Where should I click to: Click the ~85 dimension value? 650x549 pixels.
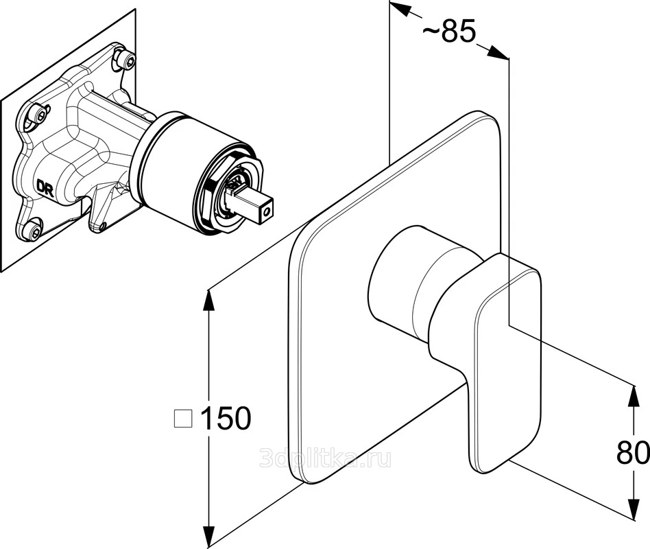tap(449, 32)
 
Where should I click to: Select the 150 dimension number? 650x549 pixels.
tap(226, 418)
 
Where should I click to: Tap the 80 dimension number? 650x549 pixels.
tap(633, 452)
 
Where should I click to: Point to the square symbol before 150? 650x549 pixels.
tap(183, 419)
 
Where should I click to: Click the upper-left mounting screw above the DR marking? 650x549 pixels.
tap(39, 114)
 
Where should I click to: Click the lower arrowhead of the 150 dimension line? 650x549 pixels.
tap(208, 538)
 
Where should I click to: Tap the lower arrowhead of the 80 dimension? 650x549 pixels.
tap(634, 509)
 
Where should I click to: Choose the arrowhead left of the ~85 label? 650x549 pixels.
tap(400, 9)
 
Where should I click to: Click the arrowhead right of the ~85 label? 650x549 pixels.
tap(498, 52)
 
